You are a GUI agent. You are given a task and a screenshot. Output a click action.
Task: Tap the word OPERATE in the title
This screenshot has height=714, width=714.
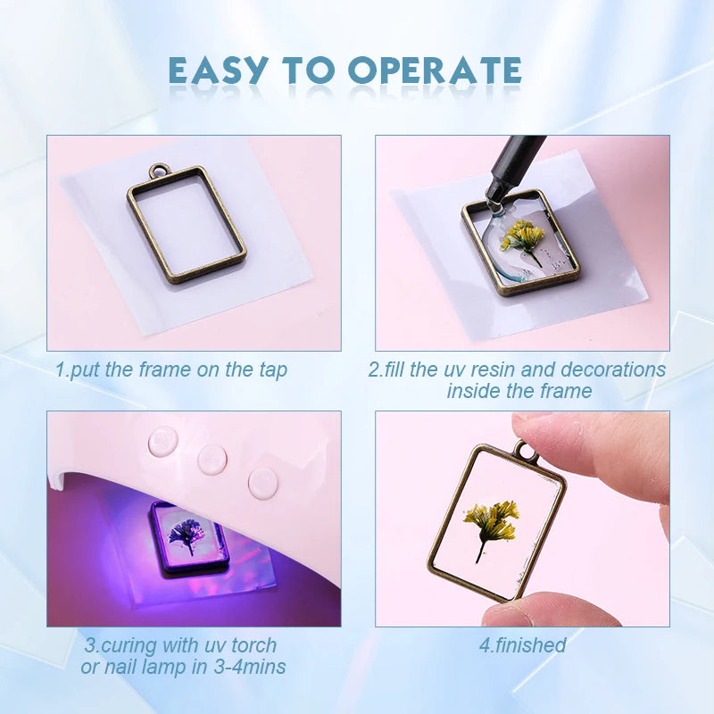point(435,71)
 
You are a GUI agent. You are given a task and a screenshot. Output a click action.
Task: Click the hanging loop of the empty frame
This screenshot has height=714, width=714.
point(158,171)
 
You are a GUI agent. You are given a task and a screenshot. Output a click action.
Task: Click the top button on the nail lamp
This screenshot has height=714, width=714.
point(163,440)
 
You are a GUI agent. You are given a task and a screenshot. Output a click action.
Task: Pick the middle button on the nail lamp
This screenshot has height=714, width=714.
point(212,459)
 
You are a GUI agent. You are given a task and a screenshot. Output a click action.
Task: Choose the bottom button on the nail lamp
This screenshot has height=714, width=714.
point(263,482)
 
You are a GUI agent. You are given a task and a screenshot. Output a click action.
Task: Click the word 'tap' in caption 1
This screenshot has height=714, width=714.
point(273,369)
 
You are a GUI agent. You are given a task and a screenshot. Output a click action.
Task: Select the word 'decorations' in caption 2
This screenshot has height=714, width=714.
point(613,369)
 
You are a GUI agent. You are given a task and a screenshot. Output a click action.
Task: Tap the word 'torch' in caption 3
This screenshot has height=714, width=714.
point(254,645)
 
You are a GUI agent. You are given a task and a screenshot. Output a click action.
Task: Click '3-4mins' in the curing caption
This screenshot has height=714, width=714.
point(250,667)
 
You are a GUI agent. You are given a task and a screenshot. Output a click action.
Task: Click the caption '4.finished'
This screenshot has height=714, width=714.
point(523,645)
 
